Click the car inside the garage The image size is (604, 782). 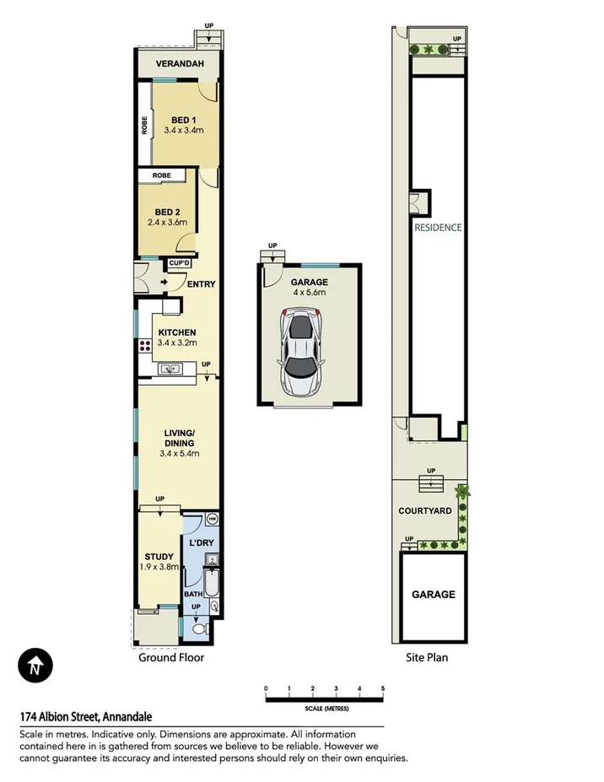pos(302,352)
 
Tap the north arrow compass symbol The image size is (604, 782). pos(35,667)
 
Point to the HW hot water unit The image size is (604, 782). pos(212,518)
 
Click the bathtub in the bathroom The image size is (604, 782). pos(212,582)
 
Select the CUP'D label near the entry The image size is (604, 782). pos(180,264)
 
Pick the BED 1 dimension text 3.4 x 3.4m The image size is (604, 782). pos(184,131)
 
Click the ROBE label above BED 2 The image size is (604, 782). pos(161,175)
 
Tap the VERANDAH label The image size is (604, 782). pos(179,64)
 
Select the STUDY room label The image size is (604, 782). pos(159,556)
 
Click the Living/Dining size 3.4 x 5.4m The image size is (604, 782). pos(179,454)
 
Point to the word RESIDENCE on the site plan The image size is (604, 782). pos(438,227)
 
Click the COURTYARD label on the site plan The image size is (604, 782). pos(425,511)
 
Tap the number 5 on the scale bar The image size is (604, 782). pos(383,688)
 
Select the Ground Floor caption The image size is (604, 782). pos(171,657)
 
